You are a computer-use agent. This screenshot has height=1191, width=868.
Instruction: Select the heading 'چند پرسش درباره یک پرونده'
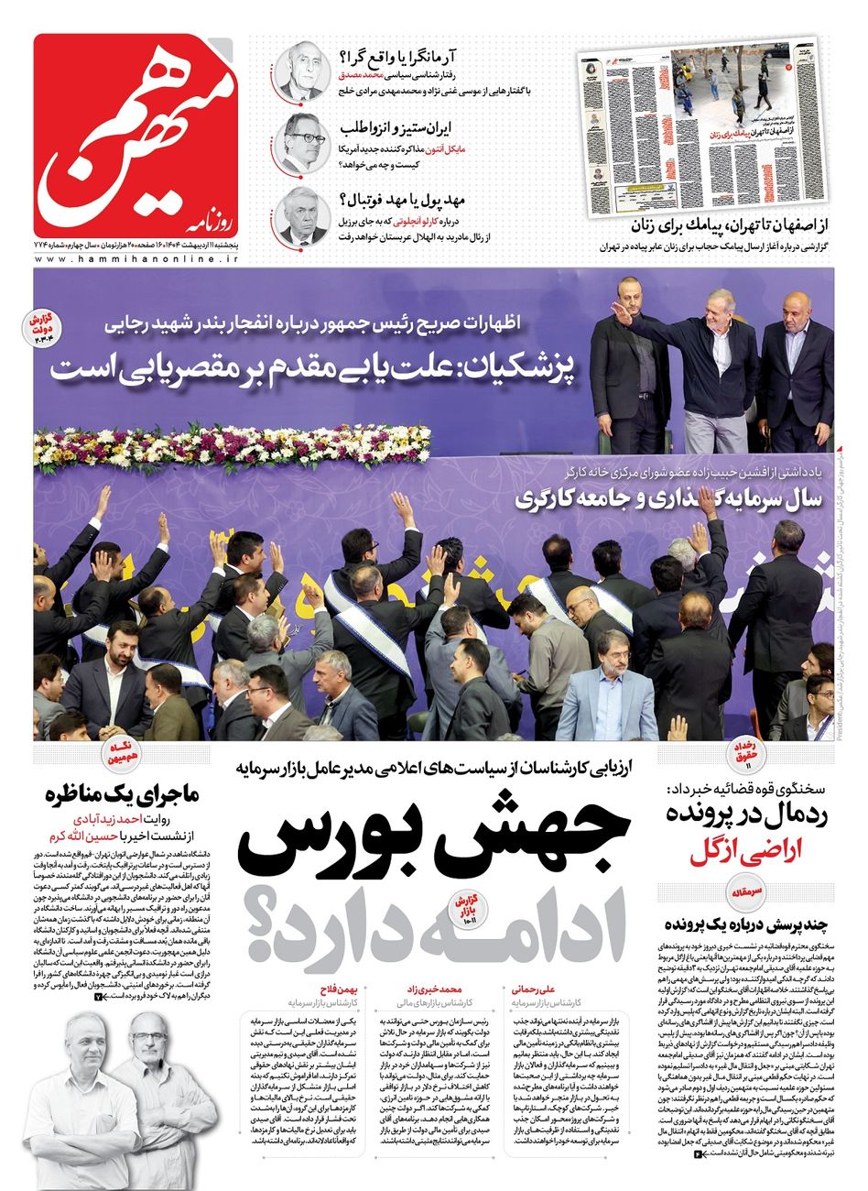tap(748, 922)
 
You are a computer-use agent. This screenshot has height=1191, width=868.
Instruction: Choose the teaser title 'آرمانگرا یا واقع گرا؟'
tap(401, 55)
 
